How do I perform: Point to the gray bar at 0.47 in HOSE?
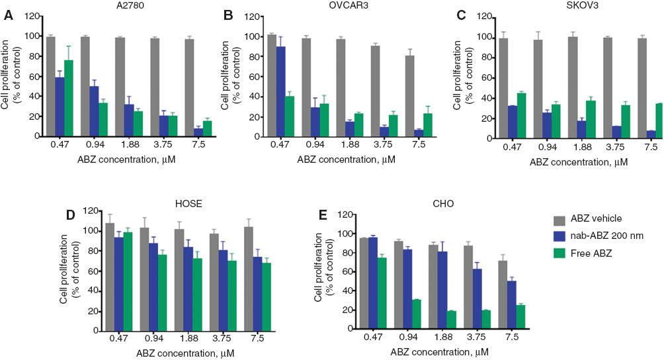coord(110,277)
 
